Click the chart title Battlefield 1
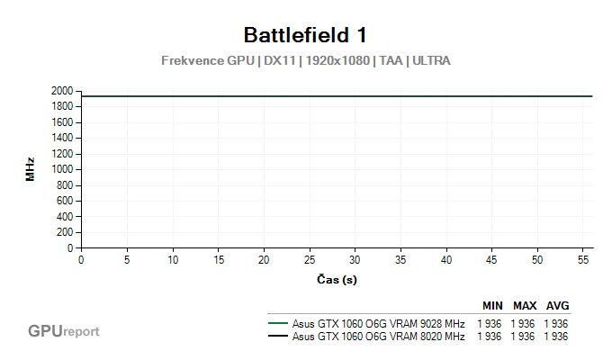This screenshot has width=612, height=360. (305, 35)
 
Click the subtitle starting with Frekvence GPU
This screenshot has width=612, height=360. (305, 61)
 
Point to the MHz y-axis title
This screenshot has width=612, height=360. (30, 170)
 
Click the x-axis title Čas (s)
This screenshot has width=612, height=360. (337, 279)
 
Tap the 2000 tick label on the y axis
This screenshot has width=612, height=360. (63, 91)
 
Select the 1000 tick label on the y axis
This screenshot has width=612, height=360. (63, 169)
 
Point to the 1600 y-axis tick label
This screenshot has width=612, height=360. (63, 122)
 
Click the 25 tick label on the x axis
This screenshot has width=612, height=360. (310, 260)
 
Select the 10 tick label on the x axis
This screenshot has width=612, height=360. (173, 260)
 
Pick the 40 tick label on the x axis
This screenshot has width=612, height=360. (446, 260)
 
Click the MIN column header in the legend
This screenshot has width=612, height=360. (492, 305)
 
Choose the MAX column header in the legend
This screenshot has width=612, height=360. (525, 305)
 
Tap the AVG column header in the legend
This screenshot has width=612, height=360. (557, 305)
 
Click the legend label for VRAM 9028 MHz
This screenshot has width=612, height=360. (378, 324)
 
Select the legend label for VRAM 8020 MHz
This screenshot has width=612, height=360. (378, 337)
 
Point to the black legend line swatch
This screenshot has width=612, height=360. (278, 337)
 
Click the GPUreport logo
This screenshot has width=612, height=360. (63, 331)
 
